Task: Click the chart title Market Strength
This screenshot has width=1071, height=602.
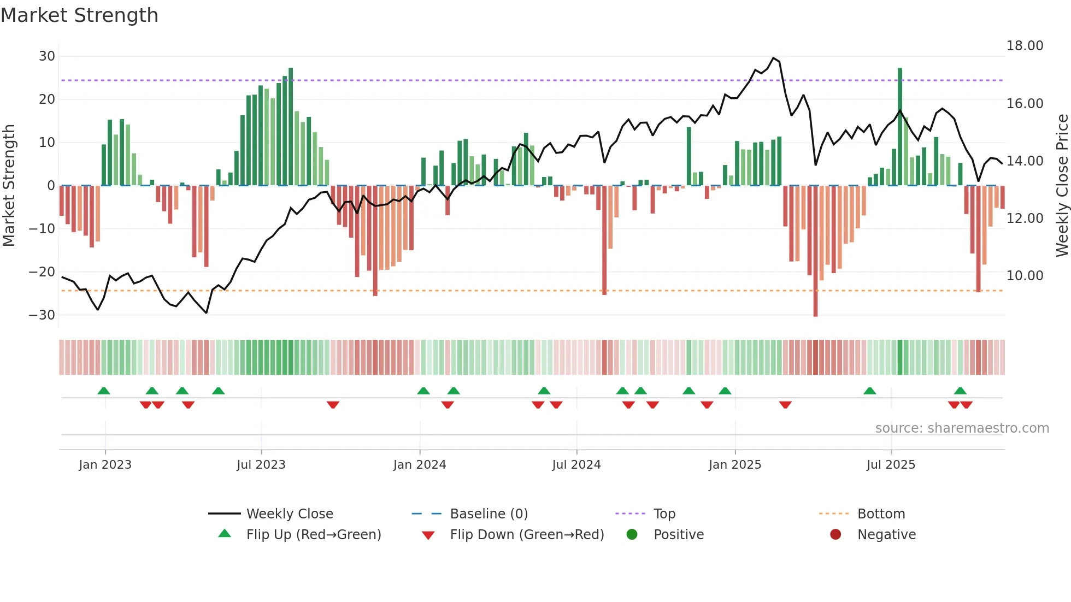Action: pos(79,15)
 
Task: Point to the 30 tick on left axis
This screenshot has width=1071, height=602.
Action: pos(47,56)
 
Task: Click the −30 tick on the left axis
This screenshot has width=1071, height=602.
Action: pos(43,315)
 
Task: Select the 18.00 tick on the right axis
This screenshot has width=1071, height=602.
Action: pos(1025,46)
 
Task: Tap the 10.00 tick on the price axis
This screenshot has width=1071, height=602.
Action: pos(1025,276)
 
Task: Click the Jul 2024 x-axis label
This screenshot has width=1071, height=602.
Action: pos(576,465)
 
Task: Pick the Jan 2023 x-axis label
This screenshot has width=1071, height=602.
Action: pos(105,465)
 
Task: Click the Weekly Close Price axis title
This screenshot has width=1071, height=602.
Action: pos(1062,186)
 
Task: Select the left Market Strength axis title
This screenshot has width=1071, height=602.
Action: pos(9,186)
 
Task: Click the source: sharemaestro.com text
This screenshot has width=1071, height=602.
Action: pos(962,428)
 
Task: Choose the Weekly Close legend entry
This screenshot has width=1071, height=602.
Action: pos(289,514)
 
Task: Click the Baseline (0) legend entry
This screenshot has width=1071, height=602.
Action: pos(489,514)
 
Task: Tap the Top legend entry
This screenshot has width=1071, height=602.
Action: pos(664,514)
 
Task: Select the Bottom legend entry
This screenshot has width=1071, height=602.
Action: pos(881,514)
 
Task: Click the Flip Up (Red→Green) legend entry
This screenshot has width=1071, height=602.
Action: pos(313,535)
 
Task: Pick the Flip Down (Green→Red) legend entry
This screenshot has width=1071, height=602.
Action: pos(526,535)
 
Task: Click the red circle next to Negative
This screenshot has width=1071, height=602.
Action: pos(835,535)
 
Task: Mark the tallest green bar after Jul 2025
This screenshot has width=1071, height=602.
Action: pos(900,126)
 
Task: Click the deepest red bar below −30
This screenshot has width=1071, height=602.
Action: pos(815,251)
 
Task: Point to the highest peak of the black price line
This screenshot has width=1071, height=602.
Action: pos(773,58)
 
